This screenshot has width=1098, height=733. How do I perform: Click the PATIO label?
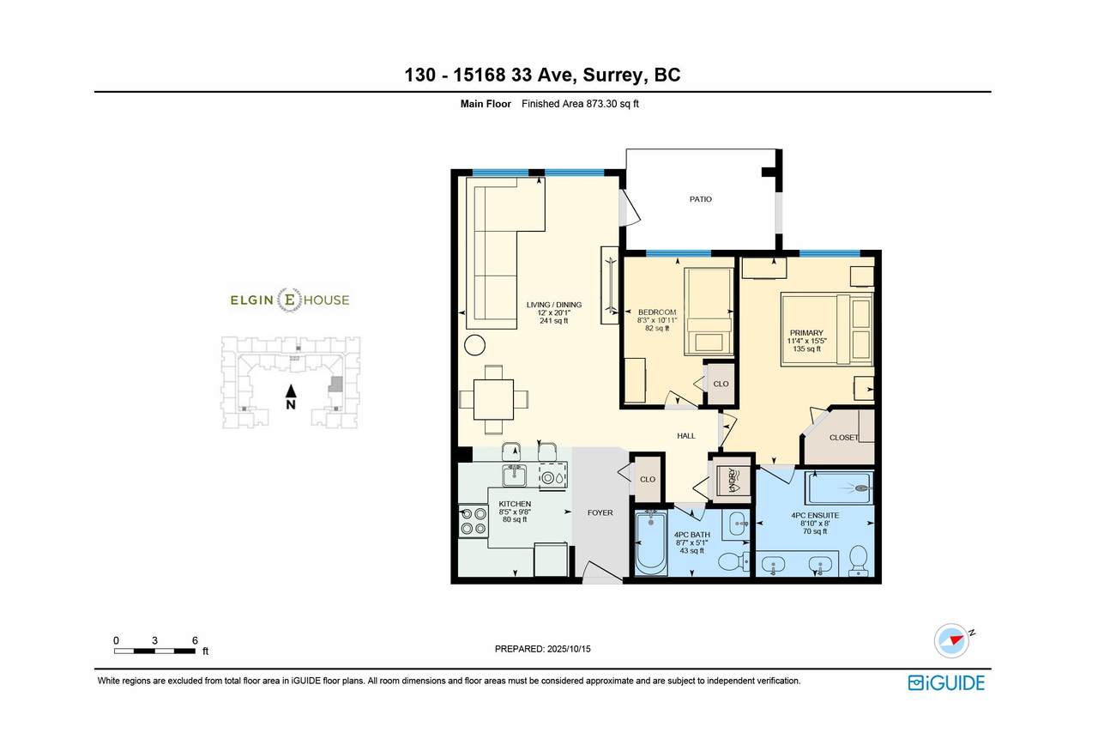point(700,199)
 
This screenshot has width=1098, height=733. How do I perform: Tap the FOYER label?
point(600,512)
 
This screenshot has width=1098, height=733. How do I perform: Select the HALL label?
point(685,436)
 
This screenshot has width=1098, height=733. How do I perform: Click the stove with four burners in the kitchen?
point(474,521)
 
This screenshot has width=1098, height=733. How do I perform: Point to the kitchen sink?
point(514,475)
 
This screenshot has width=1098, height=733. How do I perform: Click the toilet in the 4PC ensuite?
point(859,560)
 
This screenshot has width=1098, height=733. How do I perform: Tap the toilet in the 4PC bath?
point(733,561)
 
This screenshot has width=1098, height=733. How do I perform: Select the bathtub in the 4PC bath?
point(651,542)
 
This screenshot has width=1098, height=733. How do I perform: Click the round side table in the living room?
point(474,345)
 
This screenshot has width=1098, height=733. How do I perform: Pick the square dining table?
point(493,399)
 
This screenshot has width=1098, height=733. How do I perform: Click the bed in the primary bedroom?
point(827,330)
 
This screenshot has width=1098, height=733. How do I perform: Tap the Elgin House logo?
point(290,300)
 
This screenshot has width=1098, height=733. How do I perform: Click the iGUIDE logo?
point(946,683)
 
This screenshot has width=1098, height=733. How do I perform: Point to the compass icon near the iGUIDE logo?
point(952,641)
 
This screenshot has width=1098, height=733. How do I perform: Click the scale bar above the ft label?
point(155,651)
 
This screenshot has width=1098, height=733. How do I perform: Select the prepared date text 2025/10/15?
point(569,649)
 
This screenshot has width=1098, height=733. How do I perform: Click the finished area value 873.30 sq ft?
point(609,104)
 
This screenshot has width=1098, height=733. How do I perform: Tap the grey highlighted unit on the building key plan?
point(335,385)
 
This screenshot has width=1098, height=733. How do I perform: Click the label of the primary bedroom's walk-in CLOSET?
point(843,437)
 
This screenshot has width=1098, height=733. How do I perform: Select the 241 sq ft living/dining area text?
point(554,321)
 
